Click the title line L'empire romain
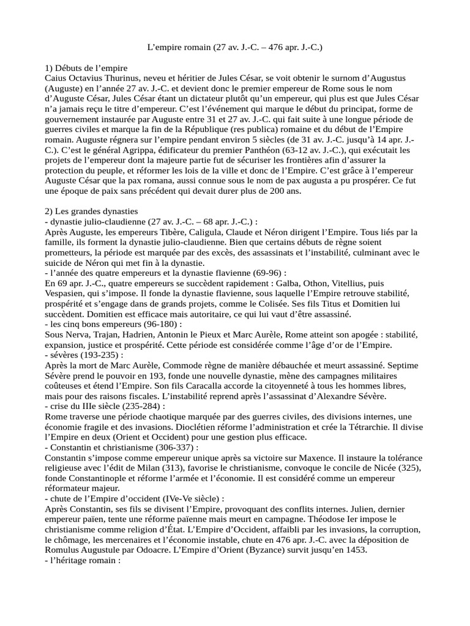[235, 46]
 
